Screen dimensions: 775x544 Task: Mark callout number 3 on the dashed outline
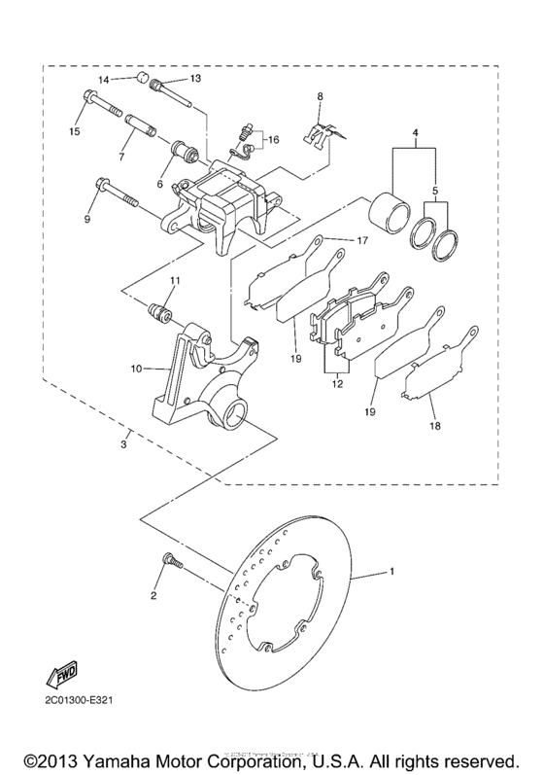(124, 443)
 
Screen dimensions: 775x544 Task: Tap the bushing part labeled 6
(181, 153)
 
